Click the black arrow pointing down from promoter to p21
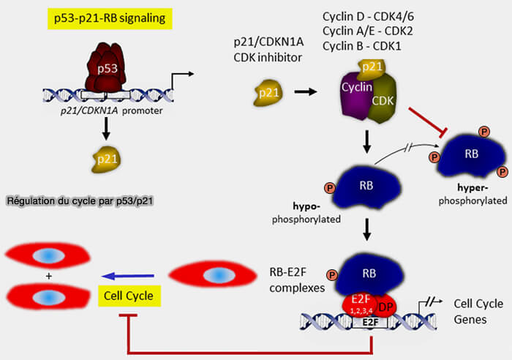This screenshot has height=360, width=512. click(107, 129)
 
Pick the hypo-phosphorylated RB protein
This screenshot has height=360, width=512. click(368, 187)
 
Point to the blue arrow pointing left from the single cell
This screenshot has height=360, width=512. click(131, 276)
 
